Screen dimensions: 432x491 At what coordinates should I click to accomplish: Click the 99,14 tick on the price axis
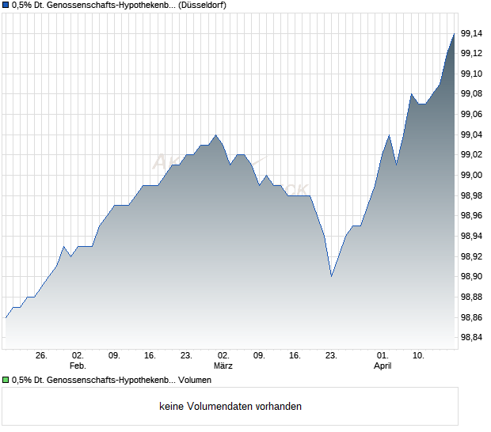[x=471, y=33]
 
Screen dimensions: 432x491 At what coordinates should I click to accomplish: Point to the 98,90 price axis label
[x=471, y=277]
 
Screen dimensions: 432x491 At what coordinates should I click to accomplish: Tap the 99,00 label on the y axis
[x=471, y=175]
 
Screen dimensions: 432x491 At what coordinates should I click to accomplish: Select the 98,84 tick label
[x=471, y=338]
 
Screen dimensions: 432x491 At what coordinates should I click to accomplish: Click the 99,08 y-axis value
[x=471, y=94]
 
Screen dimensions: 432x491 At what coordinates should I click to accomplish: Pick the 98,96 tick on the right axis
[x=471, y=216]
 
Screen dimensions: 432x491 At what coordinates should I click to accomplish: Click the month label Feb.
[x=78, y=366]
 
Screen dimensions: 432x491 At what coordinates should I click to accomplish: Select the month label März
[x=223, y=366]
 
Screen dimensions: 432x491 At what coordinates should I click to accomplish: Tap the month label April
[x=383, y=366]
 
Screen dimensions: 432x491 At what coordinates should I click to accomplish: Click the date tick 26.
[x=42, y=356]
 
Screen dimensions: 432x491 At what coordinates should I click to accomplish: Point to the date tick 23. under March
[x=332, y=356]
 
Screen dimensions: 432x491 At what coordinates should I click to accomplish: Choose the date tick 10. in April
[x=419, y=356]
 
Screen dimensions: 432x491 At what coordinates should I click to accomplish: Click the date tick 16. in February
[x=150, y=356]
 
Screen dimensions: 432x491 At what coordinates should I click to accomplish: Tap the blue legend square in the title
[x=6, y=6]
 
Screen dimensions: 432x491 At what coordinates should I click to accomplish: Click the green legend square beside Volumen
[x=6, y=381]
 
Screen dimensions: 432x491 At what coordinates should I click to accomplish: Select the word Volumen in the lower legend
[x=194, y=381]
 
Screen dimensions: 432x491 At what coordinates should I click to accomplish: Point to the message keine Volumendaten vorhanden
[x=230, y=407]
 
